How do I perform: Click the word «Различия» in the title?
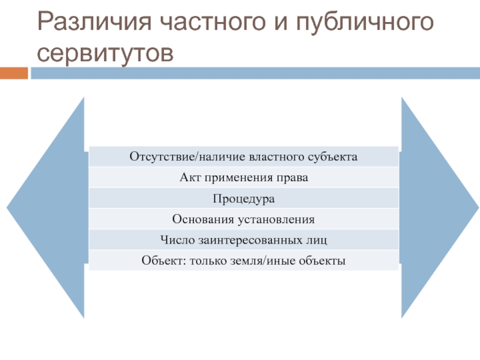click(94, 22)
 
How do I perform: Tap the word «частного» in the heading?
click(212, 22)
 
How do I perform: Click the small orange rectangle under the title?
click(14, 73)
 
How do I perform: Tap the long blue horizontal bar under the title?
click(256, 73)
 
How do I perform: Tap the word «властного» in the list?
click(277, 157)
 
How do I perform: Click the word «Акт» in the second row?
click(190, 178)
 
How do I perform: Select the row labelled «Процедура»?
click(244, 198)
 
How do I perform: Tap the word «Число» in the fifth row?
click(178, 239)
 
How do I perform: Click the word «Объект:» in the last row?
click(164, 260)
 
